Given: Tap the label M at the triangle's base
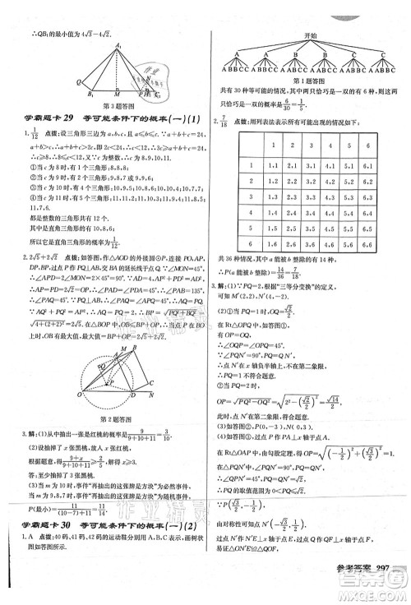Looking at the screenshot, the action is click(118, 93).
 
